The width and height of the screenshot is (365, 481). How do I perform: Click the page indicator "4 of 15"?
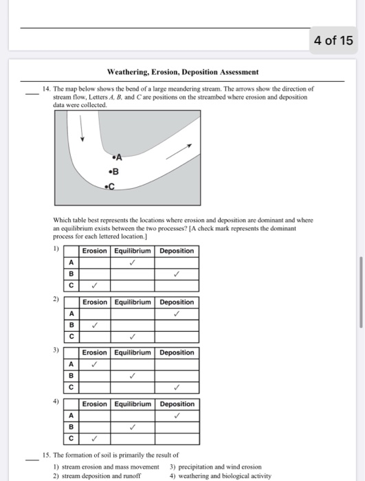[333, 41]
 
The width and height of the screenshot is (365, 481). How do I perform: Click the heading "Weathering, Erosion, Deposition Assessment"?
[183, 71]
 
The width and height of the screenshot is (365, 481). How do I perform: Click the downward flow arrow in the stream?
[82, 129]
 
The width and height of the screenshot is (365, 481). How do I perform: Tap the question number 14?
[46, 89]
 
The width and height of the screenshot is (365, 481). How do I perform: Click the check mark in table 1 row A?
[132, 262]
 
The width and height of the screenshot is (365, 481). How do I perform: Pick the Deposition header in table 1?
[177, 251]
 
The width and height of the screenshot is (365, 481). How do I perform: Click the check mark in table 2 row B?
[96, 325]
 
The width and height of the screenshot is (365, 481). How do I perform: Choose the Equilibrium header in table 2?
[133, 302]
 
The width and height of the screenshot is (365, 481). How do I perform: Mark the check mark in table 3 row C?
[177, 387]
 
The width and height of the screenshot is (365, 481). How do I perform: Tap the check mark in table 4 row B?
[133, 427]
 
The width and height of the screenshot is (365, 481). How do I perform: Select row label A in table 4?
[71, 416]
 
